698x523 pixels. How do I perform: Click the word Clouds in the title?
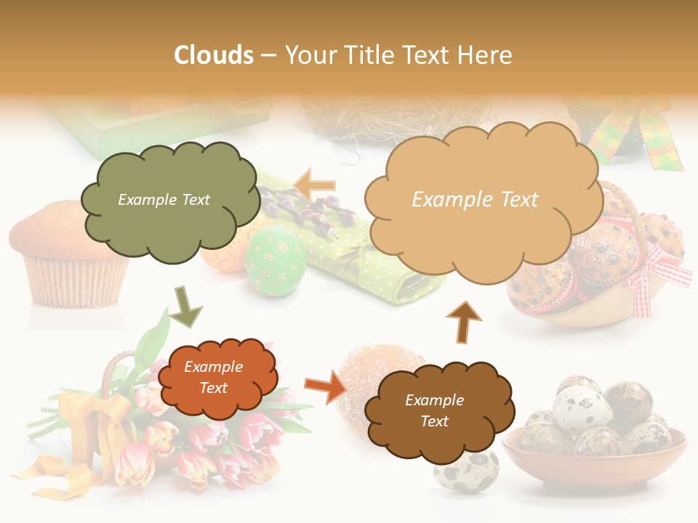click(214, 55)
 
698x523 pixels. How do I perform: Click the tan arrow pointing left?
click(314, 185)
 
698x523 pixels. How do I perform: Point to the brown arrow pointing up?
click(463, 322)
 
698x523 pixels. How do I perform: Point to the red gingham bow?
click(658, 276)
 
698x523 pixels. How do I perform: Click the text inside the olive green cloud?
click(164, 200)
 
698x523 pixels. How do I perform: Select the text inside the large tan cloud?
click(475, 200)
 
